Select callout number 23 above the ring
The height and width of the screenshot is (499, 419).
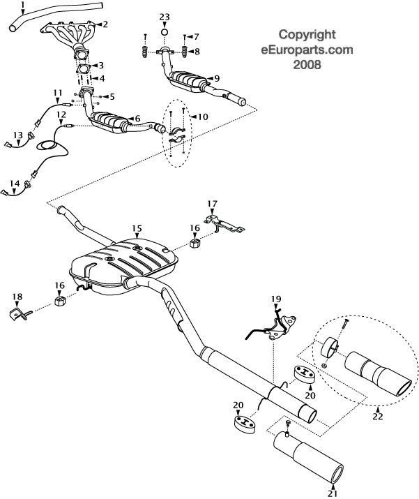point(164,16)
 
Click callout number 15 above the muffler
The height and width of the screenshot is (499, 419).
point(137,228)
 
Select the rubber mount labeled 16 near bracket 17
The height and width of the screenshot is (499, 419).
point(195,244)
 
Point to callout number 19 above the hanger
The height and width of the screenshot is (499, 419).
point(276,299)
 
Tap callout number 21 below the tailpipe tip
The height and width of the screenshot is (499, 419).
point(332,493)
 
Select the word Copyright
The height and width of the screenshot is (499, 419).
point(307,33)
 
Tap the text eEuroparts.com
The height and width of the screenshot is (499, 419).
point(307,50)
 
